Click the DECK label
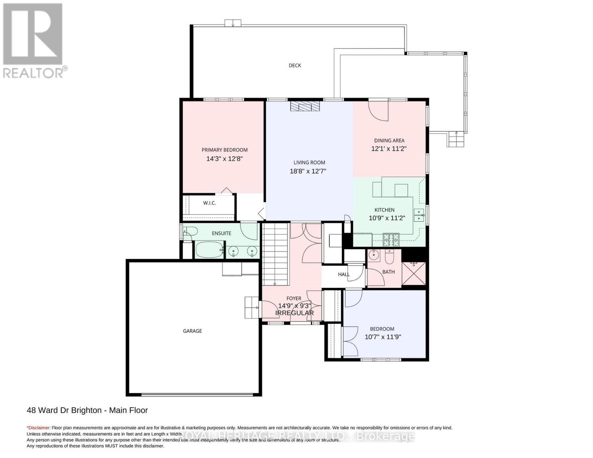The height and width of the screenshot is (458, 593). (295, 65)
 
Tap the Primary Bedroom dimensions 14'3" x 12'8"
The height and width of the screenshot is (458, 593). (224, 158)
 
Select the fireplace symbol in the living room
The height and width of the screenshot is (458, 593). (305, 106)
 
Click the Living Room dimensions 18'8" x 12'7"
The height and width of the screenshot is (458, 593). (308, 171)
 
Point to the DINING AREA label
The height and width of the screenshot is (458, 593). (389, 140)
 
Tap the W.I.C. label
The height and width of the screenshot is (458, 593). (209, 203)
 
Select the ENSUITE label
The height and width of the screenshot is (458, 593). (221, 233)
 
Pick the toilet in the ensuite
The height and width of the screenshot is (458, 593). (190, 232)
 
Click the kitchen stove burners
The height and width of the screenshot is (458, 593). (391, 239)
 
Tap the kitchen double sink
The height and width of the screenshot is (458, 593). (419, 215)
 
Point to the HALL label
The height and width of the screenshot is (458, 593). (343, 274)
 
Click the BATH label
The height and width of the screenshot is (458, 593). (388, 272)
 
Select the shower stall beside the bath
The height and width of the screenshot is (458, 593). (414, 273)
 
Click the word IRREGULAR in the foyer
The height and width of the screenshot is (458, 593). (295, 313)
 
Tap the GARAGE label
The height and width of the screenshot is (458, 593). (192, 331)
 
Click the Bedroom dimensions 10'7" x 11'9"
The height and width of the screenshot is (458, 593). (383, 337)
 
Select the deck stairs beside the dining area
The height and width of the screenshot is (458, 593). (456, 139)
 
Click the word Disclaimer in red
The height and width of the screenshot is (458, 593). (38, 428)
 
